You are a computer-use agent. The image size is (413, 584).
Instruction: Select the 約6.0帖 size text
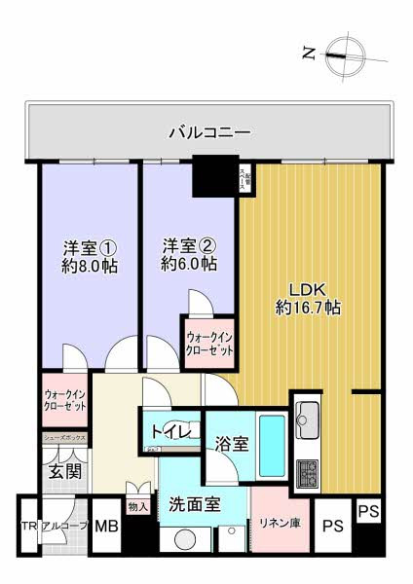(188, 265)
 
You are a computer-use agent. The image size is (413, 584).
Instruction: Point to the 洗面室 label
(194, 505)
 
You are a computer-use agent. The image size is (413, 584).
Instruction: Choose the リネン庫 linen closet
(277, 527)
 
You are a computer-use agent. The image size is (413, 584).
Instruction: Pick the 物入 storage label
(137, 507)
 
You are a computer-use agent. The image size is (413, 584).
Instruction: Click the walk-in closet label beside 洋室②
(209, 344)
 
